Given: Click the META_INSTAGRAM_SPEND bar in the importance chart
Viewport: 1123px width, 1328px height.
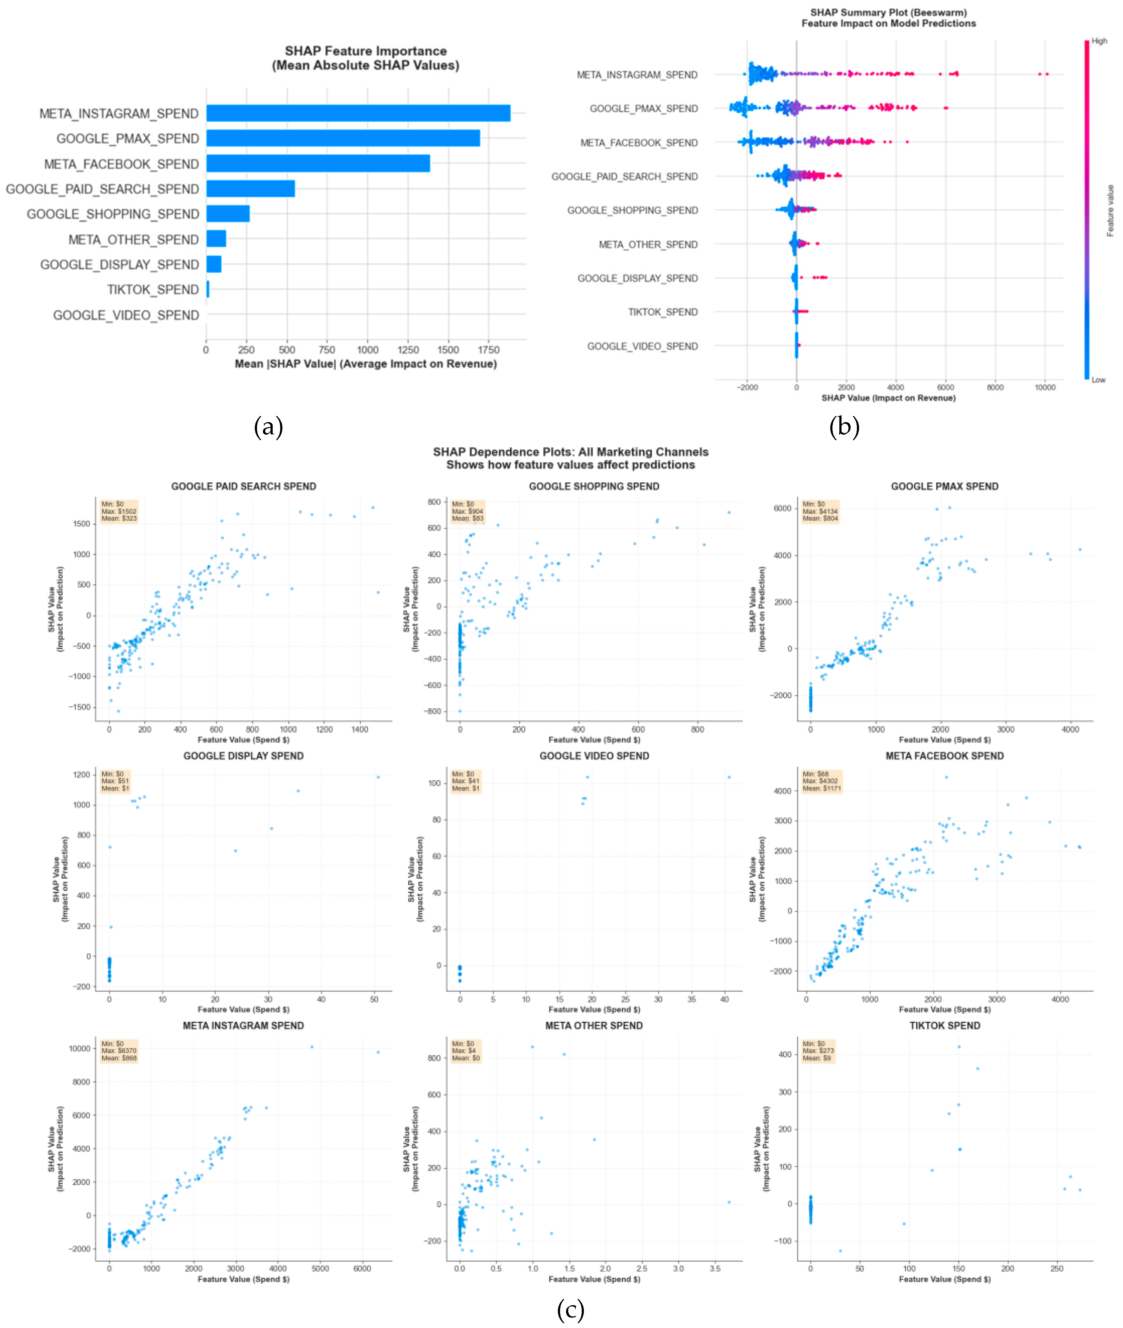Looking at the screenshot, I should tap(358, 113).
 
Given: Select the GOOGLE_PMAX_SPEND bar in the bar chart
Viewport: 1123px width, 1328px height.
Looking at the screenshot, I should tap(343, 138).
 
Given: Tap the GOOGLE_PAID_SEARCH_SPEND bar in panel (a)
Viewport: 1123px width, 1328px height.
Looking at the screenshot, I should tap(250, 188).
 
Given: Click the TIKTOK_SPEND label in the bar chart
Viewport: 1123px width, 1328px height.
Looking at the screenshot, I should tap(153, 289).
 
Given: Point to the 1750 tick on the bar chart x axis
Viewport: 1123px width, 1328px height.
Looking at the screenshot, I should tap(488, 349).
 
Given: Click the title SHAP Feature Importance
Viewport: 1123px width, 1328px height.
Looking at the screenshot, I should tap(365, 51).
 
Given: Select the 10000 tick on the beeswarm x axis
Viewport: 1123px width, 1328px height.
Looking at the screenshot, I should tap(1045, 387).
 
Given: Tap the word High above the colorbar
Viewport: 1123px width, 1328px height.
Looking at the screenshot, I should tap(1100, 41).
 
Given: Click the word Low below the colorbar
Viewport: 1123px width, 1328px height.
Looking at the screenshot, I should tap(1098, 380).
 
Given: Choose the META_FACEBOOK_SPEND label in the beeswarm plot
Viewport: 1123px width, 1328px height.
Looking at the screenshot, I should tap(639, 143).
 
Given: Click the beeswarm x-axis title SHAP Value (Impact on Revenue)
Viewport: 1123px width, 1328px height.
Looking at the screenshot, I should tap(888, 398).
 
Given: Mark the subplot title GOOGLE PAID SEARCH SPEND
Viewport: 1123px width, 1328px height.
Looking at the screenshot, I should tap(243, 486).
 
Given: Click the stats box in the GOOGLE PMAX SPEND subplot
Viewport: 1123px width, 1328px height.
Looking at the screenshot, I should tap(820, 511).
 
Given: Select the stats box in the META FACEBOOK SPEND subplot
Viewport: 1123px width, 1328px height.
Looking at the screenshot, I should tap(821, 781).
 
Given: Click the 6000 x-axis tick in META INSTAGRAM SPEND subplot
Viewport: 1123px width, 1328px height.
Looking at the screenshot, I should tap(362, 1268).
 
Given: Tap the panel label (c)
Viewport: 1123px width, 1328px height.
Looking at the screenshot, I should tap(570, 1310).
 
